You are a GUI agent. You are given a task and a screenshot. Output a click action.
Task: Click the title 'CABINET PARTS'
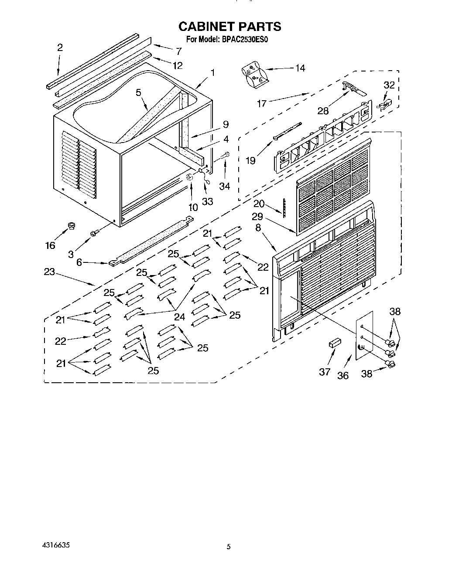coord(229,27)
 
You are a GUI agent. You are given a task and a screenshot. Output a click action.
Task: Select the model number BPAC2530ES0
coord(248,40)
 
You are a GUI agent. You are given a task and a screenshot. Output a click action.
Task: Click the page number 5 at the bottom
coord(228,547)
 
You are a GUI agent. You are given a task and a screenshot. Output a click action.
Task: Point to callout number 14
coord(300,68)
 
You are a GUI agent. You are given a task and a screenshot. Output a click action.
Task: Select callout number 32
coord(389,85)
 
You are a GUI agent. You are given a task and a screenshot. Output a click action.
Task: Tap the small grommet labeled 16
coord(71,226)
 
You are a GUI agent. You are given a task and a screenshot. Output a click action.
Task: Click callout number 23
coord(49,272)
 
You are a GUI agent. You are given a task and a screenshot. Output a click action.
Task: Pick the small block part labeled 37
coord(334,343)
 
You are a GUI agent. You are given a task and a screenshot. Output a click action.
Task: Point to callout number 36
coord(343,375)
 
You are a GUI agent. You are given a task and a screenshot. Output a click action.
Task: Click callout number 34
coord(224,186)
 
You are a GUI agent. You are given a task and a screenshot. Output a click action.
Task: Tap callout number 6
coord(79,263)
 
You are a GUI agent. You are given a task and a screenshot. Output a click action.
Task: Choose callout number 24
coord(180,317)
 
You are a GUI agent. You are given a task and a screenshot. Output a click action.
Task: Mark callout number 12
coord(177,65)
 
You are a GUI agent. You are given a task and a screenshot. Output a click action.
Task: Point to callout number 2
coord(60,47)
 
